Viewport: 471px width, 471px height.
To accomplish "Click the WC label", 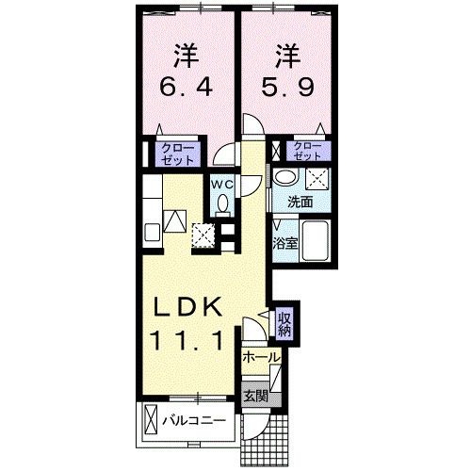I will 221,183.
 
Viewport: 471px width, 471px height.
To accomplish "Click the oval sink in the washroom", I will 284,178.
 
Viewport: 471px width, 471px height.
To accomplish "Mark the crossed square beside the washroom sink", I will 317,178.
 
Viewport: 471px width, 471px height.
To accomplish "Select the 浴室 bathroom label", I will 285,240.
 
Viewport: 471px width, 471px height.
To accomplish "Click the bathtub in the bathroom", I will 315,241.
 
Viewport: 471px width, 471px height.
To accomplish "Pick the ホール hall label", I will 260,357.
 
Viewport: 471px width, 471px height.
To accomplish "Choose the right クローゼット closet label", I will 306,150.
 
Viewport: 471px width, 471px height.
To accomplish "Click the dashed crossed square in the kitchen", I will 203,233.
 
